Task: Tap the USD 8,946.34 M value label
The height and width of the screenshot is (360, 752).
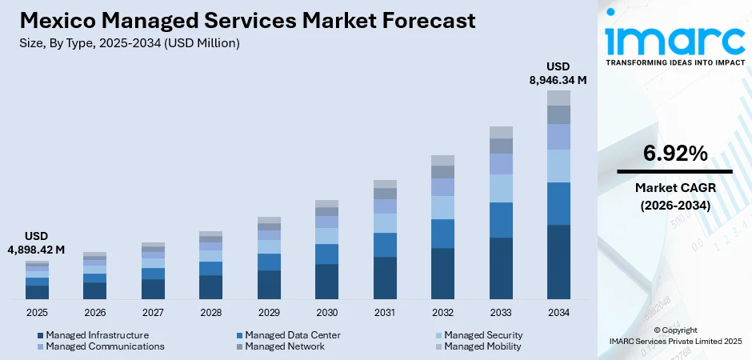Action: [558, 73]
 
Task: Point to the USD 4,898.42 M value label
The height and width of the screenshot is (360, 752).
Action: [37, 243]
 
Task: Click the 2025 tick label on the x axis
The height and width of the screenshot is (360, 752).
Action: [37, 312]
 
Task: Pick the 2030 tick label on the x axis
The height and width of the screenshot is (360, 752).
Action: [326, 312]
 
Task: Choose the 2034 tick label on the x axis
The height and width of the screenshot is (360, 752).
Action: [558, 312]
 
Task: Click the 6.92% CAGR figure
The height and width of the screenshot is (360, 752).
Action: [674, 154]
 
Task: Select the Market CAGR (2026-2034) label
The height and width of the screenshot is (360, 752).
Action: [674, 196]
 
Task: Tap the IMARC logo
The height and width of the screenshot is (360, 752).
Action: [674, 36]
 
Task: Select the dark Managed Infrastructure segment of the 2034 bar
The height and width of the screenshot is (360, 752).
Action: [558, 262]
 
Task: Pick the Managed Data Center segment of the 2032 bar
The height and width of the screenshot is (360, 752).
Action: [442, 234]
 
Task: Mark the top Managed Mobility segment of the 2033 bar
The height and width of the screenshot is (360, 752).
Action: [501, 132]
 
